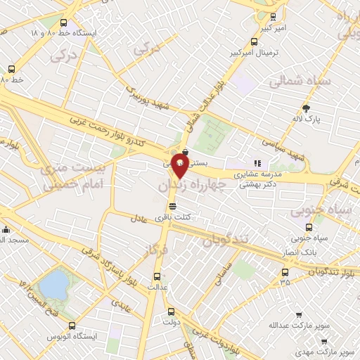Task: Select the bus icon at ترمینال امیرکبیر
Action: (x=255, y=41)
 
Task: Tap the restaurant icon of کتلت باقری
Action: (x=173, y=205)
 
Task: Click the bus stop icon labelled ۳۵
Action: (x=285, y=271)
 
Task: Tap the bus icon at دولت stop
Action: (x=170, y=311)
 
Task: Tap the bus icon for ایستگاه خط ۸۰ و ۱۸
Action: (x=65, y=22)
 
